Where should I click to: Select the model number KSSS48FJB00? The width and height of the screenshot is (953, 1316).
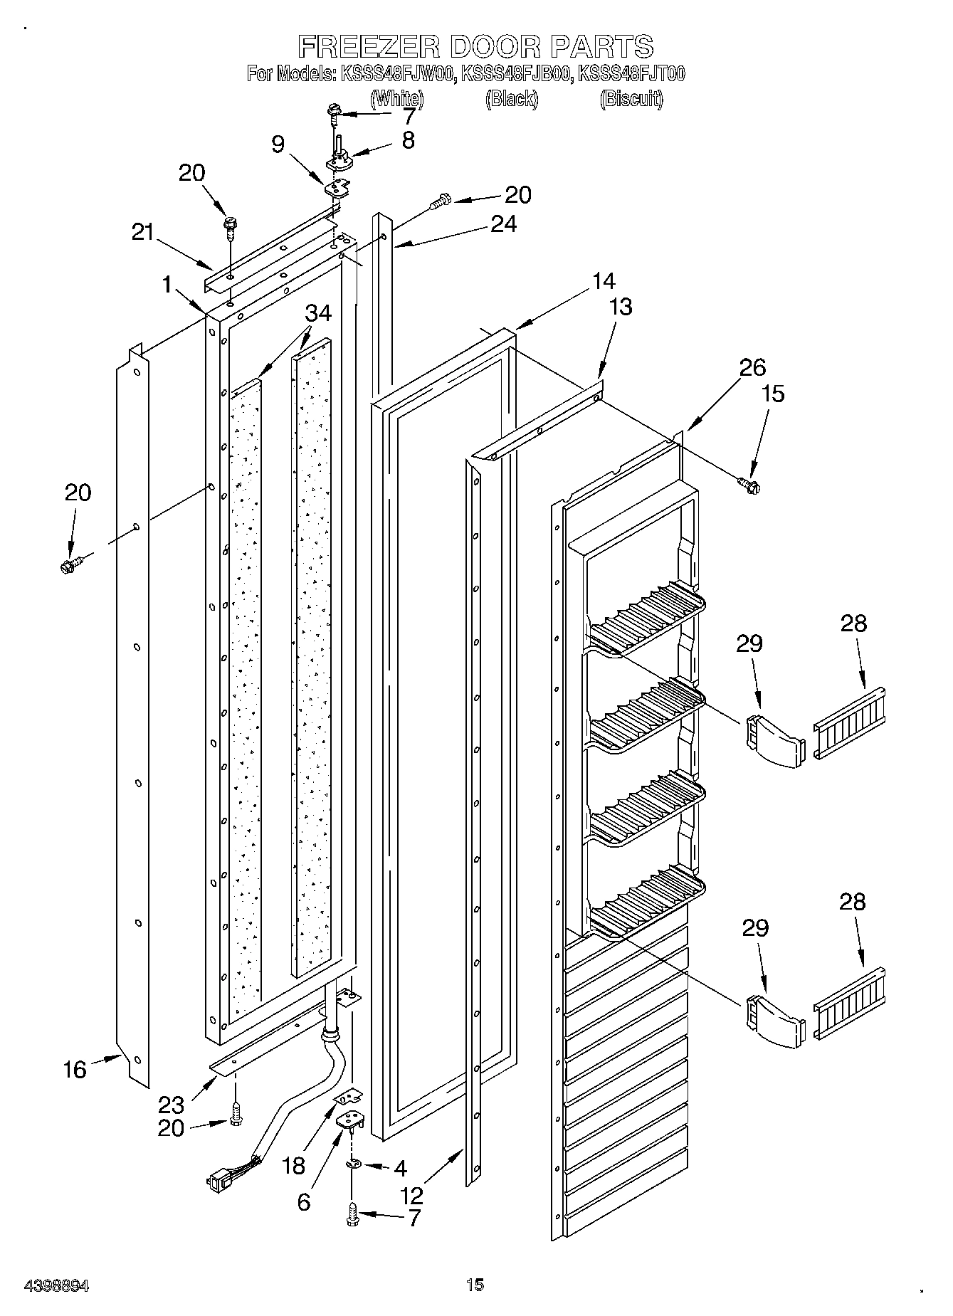click(517, 73)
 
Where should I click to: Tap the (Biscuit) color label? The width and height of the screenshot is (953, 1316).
click(631, 99)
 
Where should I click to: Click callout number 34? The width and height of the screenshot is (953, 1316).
click(319, 313)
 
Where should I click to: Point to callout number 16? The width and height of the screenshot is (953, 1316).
click(75, 1069)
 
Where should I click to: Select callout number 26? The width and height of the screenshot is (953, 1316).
click(752, 367)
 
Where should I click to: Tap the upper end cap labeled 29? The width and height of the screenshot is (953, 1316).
click(774, 742)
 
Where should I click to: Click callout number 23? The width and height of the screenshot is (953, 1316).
click(172, 1105)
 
